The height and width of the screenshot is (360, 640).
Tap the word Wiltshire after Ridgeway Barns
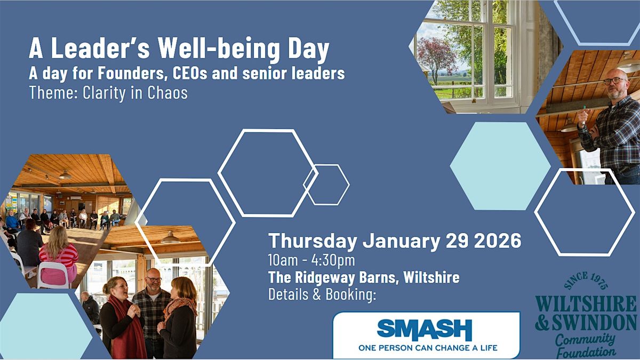pos(431,278)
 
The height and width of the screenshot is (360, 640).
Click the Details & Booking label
pos(322,294)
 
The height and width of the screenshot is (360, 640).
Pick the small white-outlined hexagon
pos(326,185)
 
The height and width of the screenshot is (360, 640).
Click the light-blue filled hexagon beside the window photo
pos(500,166)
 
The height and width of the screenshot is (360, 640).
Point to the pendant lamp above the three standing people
pos(170,238)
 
